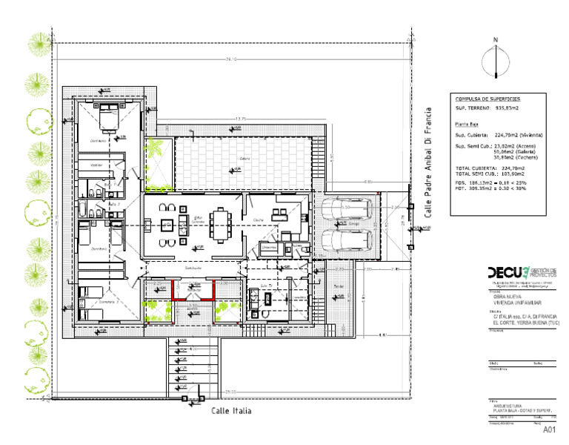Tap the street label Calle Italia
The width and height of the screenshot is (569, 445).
[231, 410]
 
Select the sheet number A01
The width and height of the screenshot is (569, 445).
[549, 429]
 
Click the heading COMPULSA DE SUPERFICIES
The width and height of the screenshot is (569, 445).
[488, 98]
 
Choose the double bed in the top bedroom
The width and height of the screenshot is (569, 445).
[109, 116]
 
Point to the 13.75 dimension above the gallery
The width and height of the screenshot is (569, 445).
[239, 119]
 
